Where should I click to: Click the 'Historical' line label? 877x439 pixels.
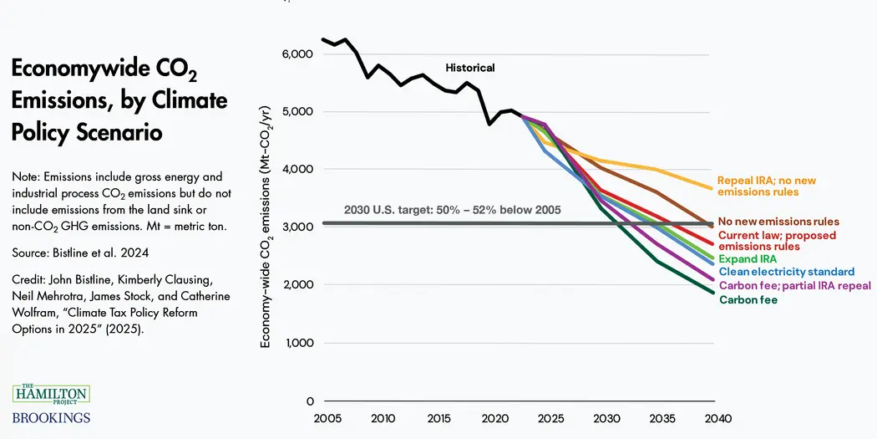469,68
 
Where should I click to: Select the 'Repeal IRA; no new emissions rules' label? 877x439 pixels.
766,186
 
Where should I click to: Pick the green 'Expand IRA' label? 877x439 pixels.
748,259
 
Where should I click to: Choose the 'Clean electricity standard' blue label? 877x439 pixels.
786,272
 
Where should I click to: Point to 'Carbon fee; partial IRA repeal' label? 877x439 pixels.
794,286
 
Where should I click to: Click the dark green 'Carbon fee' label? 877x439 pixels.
748,299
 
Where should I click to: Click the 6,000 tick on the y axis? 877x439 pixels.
297,54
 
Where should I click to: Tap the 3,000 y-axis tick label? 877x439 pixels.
297,227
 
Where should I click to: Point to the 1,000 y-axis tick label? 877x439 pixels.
297,343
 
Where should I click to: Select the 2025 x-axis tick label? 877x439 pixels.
550,418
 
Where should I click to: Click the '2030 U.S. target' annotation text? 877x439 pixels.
452,210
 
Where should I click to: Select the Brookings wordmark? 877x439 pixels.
50,417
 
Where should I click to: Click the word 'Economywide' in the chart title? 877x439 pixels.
93,69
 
